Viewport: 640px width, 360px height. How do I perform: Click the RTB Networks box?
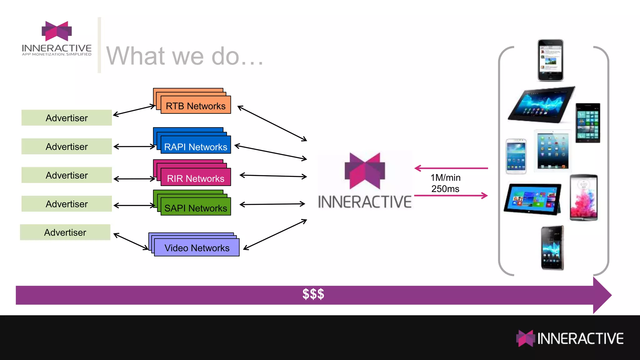tap(196, 105)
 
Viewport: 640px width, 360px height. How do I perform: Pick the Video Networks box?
tap(197, 247)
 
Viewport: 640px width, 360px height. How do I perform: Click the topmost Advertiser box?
tap(67, 118)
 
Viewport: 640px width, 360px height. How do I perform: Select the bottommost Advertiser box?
tap(65, 232)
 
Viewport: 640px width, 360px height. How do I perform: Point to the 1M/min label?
tap(445, 177)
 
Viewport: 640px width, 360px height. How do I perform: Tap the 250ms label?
tap(445, 189)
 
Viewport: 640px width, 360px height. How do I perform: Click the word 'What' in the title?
tap(135, 56)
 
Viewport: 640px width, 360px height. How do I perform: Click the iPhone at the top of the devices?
tap(550, 60)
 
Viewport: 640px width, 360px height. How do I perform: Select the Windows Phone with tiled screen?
tap(587, 123)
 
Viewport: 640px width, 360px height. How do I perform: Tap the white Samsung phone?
tap(516, 156)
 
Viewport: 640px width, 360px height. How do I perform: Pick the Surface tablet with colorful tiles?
tap(532, 199)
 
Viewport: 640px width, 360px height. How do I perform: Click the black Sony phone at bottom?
tap(552, 248)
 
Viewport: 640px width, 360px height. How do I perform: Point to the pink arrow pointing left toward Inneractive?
tap(451, 168)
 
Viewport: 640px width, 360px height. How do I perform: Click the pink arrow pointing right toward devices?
tap(451, 196)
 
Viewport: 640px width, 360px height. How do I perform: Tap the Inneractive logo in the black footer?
tap(570, 338)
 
